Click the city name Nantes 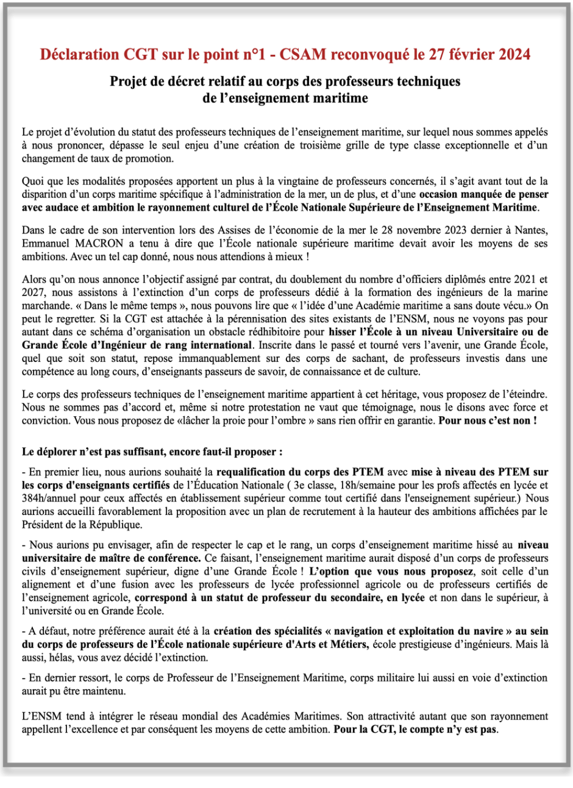(x=531, y=230)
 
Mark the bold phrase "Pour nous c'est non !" (x=487, y=421)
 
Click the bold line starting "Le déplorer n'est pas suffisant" (x=152, y=452)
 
